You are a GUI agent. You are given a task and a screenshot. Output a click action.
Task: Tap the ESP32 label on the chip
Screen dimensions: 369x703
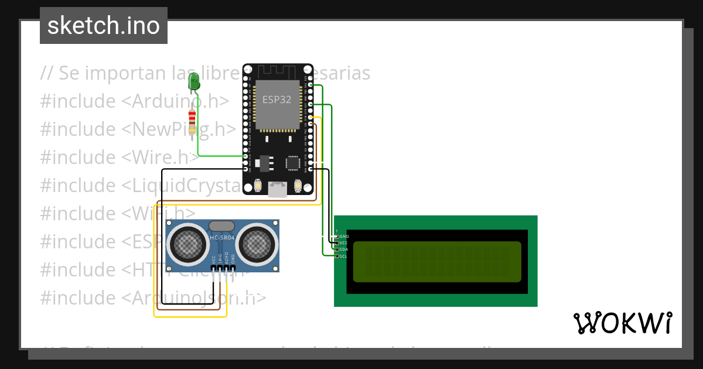(277, 100)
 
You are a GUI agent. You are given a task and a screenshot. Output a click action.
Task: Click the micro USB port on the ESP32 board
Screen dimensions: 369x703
(277, 189)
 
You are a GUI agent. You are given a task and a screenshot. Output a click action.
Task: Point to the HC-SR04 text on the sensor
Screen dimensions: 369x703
(222, 237)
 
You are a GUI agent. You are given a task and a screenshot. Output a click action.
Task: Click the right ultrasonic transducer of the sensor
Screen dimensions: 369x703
(255, 241)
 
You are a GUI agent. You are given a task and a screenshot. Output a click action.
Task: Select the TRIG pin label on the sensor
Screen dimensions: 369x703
(220, 258)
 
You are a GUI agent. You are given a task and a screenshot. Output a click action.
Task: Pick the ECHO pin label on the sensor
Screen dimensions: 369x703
(226, 258)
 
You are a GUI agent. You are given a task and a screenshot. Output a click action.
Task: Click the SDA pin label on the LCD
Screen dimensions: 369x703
(344, 250)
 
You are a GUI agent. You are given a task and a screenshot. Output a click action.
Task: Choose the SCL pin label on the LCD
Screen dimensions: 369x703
(344, 256)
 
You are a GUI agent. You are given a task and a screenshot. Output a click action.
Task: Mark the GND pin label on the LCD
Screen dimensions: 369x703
(344, 236)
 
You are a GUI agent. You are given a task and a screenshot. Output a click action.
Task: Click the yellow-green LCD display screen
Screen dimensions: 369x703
(436, 261)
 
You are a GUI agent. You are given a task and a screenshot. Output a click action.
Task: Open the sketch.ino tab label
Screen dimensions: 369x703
(104, 26)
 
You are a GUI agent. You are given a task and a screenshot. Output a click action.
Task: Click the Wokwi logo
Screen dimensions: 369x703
(622, 323)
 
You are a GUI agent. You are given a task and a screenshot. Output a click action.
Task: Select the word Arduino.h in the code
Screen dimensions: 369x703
(176, 101)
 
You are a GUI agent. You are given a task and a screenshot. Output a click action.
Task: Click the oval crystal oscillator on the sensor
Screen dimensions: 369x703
(222, 225)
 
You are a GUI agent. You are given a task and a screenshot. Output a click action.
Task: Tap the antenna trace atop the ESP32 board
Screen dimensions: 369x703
(278, 70)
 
